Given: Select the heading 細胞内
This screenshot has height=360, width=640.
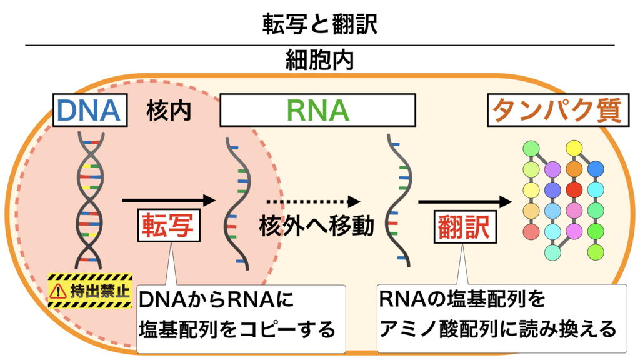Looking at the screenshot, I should click(319, 60).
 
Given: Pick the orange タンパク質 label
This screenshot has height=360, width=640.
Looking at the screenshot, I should click(555, 111).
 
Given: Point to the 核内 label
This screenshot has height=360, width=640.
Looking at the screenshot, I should click(168, 111).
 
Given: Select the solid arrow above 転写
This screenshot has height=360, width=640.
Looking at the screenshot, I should click(168, 200).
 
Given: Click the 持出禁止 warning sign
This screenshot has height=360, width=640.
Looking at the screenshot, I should click(90, 291).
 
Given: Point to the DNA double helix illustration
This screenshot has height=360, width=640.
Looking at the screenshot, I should click(89, 200).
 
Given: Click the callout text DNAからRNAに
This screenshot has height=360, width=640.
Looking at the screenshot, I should click(216, 300).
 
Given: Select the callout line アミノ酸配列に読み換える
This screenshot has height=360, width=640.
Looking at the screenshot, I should click(497, 327).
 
